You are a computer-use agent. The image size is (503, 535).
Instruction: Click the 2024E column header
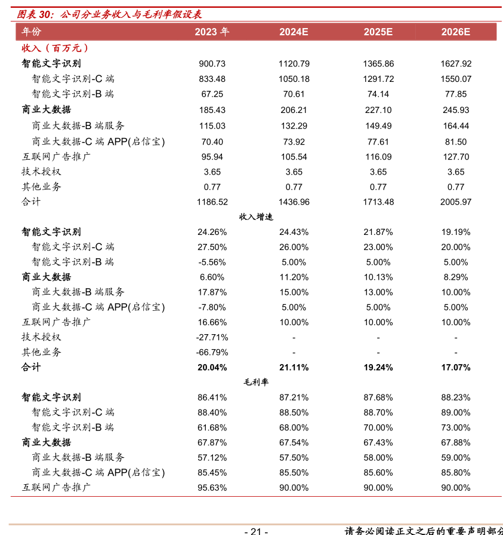pyautogui.click(x=294, y=32)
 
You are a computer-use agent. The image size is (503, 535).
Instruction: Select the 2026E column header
pyautogui.click(x=456, y=32)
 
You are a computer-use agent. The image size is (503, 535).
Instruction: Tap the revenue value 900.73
pyautogui.click(x=212, y=64)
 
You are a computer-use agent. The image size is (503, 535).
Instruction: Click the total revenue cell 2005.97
pyautogui.click(x=456, y=202)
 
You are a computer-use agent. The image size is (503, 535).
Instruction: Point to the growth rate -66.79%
pyautogui.click(x=212, y=352)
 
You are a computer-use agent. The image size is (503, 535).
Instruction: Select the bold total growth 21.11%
pyautogui.click(x=294, y=368)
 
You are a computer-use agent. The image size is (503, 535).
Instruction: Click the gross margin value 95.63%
pyautogui.click(x=212, y=488)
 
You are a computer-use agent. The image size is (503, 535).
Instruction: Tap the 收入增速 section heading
pyautogui.click(x=256, y=217)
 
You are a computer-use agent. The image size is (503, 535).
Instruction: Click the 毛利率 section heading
pyautogui.click(x=256, y=383)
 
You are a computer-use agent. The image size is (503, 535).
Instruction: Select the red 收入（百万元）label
pyautogui.click(x=55, y=48)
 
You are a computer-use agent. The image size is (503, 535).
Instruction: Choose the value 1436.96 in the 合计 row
pyautogui.click(x=294, y=202)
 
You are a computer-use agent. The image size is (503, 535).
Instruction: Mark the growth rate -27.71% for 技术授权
pyautogui.click(x=212, y=337)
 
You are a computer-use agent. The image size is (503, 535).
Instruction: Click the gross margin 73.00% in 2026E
pyautogui.click(x=456, y=427)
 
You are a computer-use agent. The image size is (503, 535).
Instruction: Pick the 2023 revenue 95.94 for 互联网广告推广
pyautogui.click(x=212, y=157)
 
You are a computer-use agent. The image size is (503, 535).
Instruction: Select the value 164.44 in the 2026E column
pyautogui.click(x=456, y=126)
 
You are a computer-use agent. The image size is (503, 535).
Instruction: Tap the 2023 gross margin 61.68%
pyautogui.click(x=212, y=427)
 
